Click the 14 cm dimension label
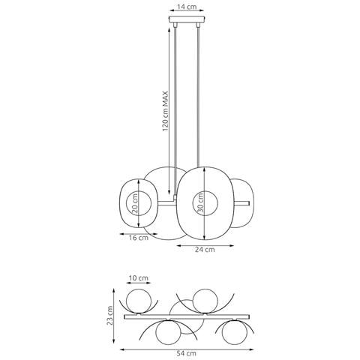coord(187,7)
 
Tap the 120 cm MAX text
coord(165,112)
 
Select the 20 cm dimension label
coord(135,202)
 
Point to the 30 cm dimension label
coord(201,202)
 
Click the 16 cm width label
coord(139,238)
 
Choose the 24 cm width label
coord(205,250)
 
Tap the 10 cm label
coord(139,278)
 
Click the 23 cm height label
coord(110,315)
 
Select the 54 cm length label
coord(187,353)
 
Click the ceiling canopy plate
coord(187,19)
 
